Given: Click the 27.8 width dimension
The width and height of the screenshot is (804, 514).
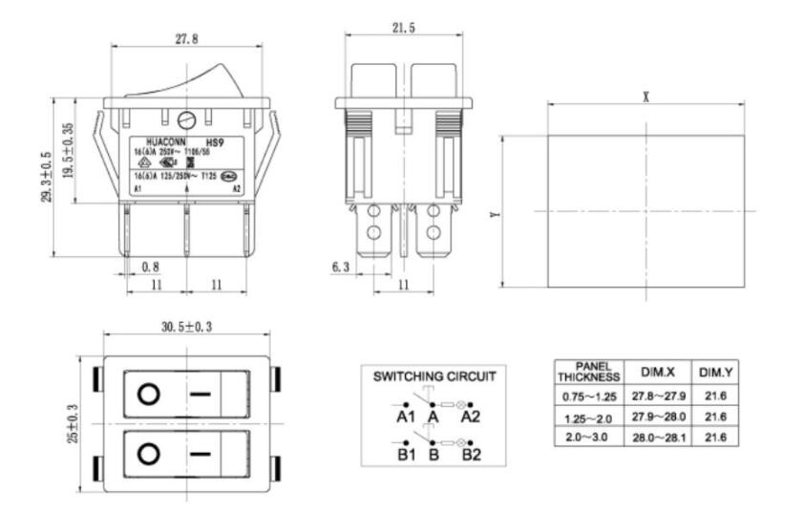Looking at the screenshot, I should [x=186, y=38].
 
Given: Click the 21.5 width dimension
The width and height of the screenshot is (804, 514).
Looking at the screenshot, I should [x=403, y=30].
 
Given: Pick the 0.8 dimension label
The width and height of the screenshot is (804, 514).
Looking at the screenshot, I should [x=150, y=267].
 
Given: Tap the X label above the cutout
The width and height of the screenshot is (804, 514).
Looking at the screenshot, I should [x=646, y=96].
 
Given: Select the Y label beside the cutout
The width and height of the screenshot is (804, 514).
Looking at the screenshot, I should [x=494, y=215].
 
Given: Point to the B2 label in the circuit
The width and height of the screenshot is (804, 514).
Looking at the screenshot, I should [x=471, y=454].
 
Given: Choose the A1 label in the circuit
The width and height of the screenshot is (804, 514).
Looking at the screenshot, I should [x=406, y=417].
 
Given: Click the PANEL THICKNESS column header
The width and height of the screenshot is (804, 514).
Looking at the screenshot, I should [x=589, y=372].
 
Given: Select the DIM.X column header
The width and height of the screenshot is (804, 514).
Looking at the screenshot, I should [x=659, y=371].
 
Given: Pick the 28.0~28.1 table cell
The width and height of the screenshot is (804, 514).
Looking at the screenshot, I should [x=659, y=437].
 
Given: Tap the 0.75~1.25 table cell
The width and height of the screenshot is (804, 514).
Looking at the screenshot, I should [x=589, y=395].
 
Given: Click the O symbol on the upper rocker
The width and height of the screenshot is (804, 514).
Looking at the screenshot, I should [x=148, y=394].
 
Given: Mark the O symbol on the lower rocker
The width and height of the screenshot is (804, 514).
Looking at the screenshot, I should [x=148, y=453].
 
